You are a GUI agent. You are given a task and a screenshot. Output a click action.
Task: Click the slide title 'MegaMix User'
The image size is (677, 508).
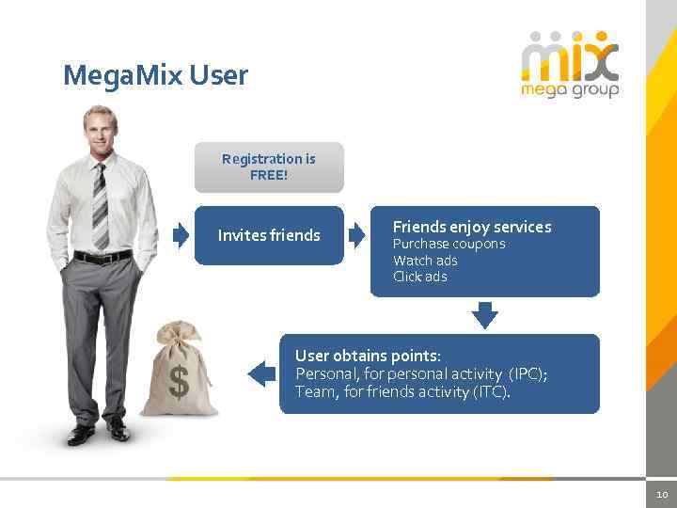(x=155, y=74)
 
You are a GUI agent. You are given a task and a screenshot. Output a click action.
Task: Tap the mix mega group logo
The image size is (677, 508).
(x=570, y=64)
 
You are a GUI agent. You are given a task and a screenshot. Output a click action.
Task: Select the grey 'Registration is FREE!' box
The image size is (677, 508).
(x=269, y=167)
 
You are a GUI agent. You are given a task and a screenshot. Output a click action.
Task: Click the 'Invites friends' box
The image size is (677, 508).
(x=269, y=235)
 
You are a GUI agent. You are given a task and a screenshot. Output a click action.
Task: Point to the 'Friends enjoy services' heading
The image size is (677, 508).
(x=472, y=227)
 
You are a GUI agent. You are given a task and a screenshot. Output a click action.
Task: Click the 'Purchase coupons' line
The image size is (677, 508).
(x=449, y=244)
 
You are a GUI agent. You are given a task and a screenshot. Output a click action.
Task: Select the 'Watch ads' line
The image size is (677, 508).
(x=425, y=261)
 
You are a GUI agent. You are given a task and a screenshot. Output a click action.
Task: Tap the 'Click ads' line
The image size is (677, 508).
(x=419, y=277)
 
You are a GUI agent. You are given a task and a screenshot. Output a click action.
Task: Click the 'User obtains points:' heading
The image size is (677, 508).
(x=368, y=356)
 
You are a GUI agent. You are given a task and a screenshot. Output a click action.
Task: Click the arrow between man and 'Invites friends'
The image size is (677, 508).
(x=181, y=235)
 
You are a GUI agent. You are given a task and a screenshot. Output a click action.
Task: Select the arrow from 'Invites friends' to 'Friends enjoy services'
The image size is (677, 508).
(x=356, y=235)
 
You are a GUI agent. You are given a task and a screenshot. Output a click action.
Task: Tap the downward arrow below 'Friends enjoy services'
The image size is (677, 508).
(x=484, y=314)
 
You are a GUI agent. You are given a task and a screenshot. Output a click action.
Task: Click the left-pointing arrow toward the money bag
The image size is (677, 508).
(x=260, y=373)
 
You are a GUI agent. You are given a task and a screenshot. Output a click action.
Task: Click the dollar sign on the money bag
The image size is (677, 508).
(x=179, y=382)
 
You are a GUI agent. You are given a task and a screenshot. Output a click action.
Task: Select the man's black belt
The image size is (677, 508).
(x=102, y=257)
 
